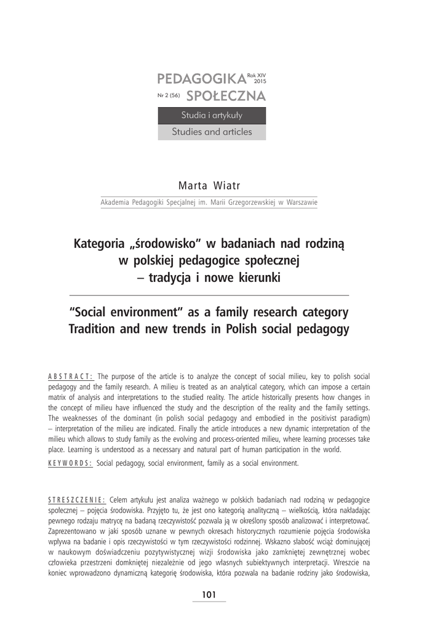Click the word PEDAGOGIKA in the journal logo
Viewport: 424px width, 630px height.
pyautogui.click(x=201, y=79)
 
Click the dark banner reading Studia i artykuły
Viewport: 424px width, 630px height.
pyautogui.click(x=212, y=116)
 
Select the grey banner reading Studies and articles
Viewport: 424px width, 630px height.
pyautogui.click(x=212, y=132)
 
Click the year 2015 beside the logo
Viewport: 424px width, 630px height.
pyautogui.click(x=260, y=81)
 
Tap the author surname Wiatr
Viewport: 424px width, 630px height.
pyautogui.click(x=230, y=186)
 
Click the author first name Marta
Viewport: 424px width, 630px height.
pyautogui.click(x=191, y=186)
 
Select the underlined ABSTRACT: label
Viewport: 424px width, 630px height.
pyautogui.click(x=70, y=377)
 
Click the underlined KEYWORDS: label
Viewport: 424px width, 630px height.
pyautogui.click(x=70, y=463)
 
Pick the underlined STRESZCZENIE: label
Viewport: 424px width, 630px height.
pyautogui.click(x=77, y=501)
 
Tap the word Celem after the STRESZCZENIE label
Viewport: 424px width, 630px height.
pyautogui.click(x=120, y=501)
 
